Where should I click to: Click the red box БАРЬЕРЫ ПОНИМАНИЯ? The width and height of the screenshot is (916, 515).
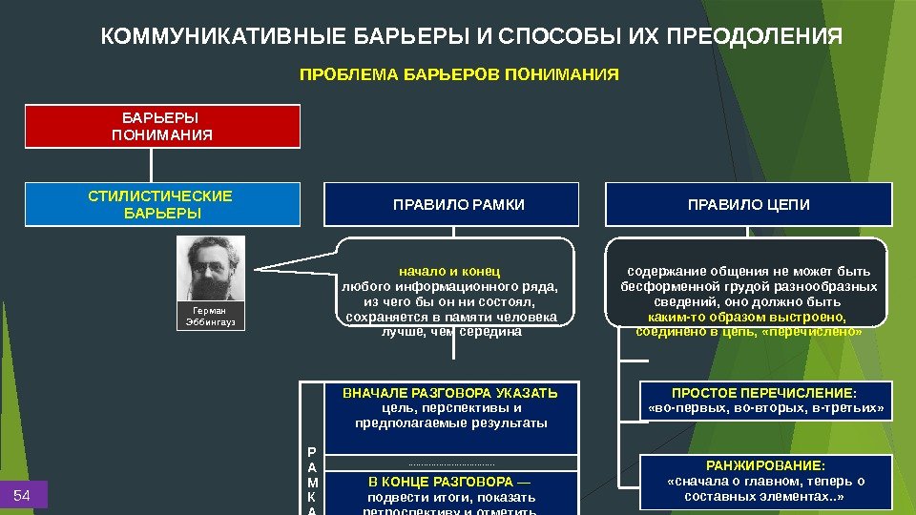coord(162,127)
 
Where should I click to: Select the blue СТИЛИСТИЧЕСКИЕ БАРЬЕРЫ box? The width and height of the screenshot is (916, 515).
coord(162,204)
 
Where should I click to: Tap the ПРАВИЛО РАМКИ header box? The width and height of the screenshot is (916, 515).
coord(451,204)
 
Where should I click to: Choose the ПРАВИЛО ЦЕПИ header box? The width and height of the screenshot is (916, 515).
coord(749,204)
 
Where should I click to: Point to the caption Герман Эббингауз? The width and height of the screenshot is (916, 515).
coord(211,317)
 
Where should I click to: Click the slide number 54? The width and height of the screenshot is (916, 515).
coord(23,495)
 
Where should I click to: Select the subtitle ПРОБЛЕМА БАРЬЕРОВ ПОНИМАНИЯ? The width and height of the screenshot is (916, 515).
coord(459,73)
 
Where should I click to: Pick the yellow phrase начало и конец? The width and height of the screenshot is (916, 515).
coord(449,271)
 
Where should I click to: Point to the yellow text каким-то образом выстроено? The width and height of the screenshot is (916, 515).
coord(748,317)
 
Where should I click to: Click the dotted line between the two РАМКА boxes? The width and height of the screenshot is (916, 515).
coord(451,464)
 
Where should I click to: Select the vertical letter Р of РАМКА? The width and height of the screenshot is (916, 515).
coord(313,452)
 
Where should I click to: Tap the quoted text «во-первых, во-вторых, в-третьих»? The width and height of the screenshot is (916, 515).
coord(766,408)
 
